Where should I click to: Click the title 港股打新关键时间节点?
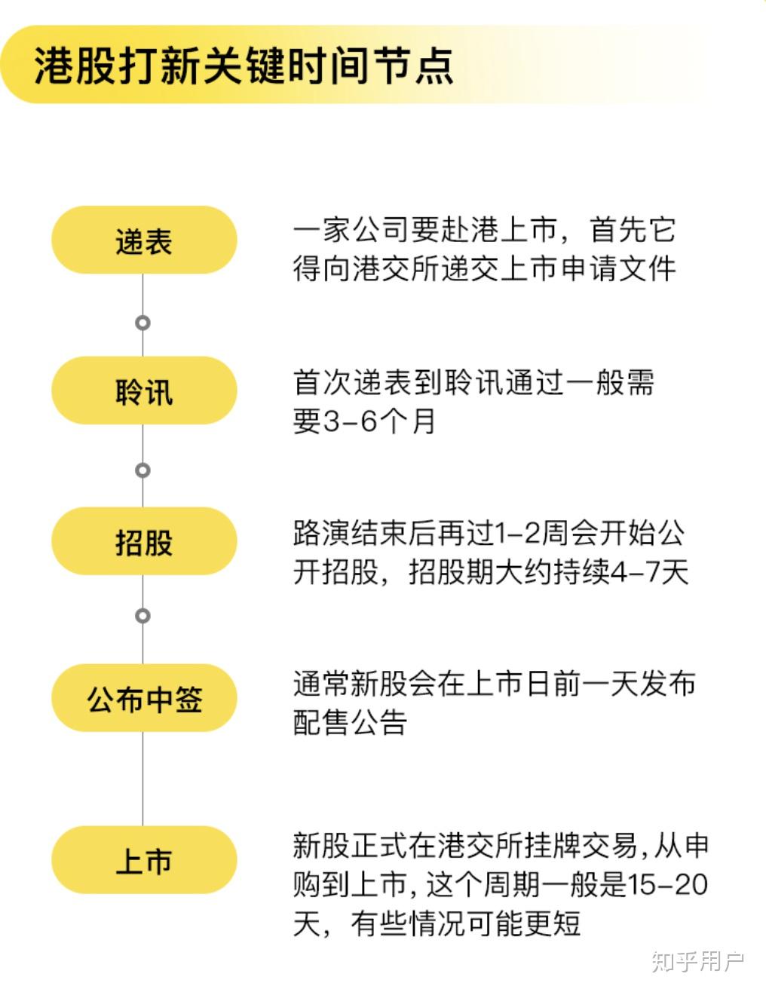[244, 66]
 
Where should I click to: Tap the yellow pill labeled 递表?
[144, 240]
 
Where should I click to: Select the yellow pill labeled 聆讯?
[144, 390]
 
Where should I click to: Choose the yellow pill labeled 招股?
[144, 540]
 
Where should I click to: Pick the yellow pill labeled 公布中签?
[144, 698]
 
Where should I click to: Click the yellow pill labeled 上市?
[144, 860]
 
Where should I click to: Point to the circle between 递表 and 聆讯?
[143, 323]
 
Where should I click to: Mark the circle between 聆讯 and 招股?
[143, 470]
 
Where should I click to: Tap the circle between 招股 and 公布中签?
[143, 616]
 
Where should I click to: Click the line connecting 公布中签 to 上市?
[143, 779]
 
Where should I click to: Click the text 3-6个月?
[378, 421]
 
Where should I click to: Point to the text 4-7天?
[649, 571]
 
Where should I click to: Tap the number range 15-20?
[667, 885]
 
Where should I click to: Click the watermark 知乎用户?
[697, 962]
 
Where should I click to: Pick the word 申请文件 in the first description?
[618, 268]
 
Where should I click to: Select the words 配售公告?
[350, 722]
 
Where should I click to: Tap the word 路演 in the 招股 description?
[321, 532]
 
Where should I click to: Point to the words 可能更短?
[523, 923]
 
